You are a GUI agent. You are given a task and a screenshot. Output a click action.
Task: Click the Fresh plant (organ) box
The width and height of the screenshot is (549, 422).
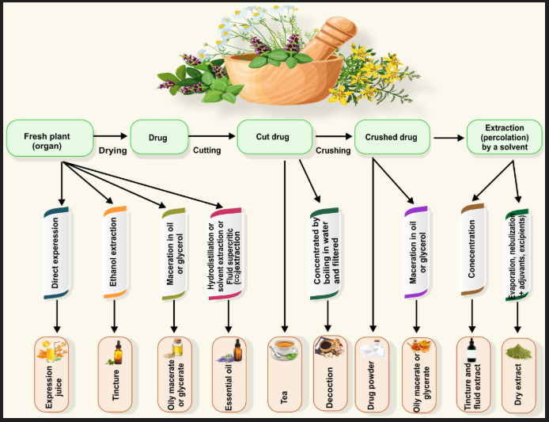pos(50,138)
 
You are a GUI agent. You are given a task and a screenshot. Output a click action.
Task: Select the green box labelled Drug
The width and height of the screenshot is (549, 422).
pos(159,137)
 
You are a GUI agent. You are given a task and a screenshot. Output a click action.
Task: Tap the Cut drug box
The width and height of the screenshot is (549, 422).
pos(274,137)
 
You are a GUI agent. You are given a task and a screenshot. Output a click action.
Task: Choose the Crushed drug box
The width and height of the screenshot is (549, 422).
pos(392,137)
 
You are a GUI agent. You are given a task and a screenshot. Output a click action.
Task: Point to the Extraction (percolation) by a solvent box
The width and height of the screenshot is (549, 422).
pos(505,137)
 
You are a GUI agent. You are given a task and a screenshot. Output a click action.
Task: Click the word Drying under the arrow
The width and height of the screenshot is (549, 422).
pos(112,150)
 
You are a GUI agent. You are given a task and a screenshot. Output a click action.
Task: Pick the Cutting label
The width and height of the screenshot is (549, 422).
pos(207,150)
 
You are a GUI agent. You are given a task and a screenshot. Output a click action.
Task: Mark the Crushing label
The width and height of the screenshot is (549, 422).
pos(333,150)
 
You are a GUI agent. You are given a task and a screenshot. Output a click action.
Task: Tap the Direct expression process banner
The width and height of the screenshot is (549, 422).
pos(56,253)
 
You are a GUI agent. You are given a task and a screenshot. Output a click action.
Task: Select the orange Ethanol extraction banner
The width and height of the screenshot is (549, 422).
pos(115,253)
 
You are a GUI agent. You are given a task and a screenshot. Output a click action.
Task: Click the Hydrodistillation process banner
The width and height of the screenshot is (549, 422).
pos(225,254)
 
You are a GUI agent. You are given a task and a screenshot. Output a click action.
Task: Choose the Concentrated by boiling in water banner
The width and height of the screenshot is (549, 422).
pos(324,254)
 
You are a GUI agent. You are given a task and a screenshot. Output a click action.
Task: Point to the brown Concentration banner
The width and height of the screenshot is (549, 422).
pos(472,249)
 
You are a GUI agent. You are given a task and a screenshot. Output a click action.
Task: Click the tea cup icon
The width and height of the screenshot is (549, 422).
pos(284,349)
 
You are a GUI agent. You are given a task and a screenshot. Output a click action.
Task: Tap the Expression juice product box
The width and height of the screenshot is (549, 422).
pos(51,374)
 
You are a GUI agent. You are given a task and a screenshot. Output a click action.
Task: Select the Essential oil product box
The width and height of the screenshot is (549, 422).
pos(229,374)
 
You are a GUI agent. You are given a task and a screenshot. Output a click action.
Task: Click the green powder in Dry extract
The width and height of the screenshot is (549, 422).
pos(518,352)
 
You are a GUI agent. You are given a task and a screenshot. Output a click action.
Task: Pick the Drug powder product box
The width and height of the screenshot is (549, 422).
pos(372,374)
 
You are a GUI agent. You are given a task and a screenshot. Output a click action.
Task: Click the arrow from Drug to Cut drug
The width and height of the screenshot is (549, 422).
pos(212,136)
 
